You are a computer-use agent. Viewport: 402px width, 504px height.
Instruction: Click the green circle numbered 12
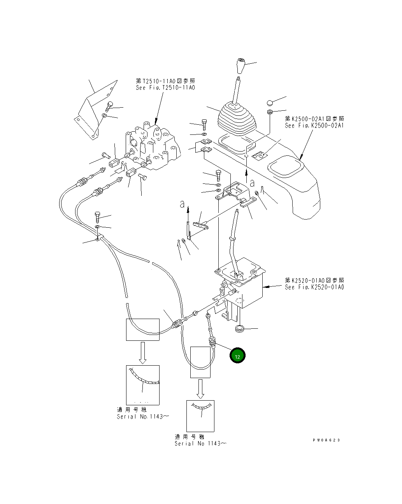tap(237, 356)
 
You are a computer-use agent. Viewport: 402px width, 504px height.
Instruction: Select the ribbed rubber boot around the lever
tap(236, 119)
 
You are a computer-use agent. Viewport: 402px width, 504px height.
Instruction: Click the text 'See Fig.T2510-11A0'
tap(165, 88)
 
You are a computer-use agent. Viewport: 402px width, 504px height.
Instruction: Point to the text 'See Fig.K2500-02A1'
tap(314, 126)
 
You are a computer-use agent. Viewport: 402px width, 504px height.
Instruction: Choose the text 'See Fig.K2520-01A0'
tap(314, 287)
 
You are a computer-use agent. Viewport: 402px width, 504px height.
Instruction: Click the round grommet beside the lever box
tap(239, 330)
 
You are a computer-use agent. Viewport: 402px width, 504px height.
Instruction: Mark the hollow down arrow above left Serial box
tap(142, 352)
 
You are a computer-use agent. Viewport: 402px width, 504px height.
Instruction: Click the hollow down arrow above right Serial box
tap(200, 389)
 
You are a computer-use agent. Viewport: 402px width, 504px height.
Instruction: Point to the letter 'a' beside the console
tap(252, 182)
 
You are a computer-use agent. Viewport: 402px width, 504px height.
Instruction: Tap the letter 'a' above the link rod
tap(182, 204)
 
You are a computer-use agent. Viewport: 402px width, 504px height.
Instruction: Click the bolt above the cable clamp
tap(98, 216)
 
